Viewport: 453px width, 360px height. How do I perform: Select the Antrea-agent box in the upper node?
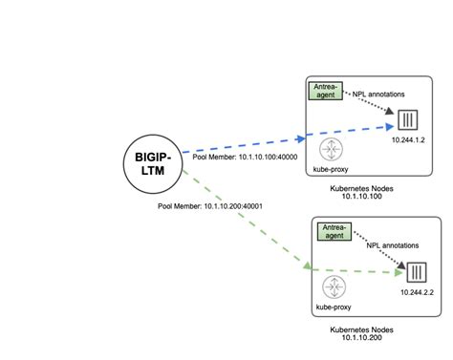click(326, 92)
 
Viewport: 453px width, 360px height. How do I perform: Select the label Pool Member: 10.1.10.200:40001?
click(212, 206)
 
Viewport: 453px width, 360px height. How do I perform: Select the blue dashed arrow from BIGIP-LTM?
click(287, 138)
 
